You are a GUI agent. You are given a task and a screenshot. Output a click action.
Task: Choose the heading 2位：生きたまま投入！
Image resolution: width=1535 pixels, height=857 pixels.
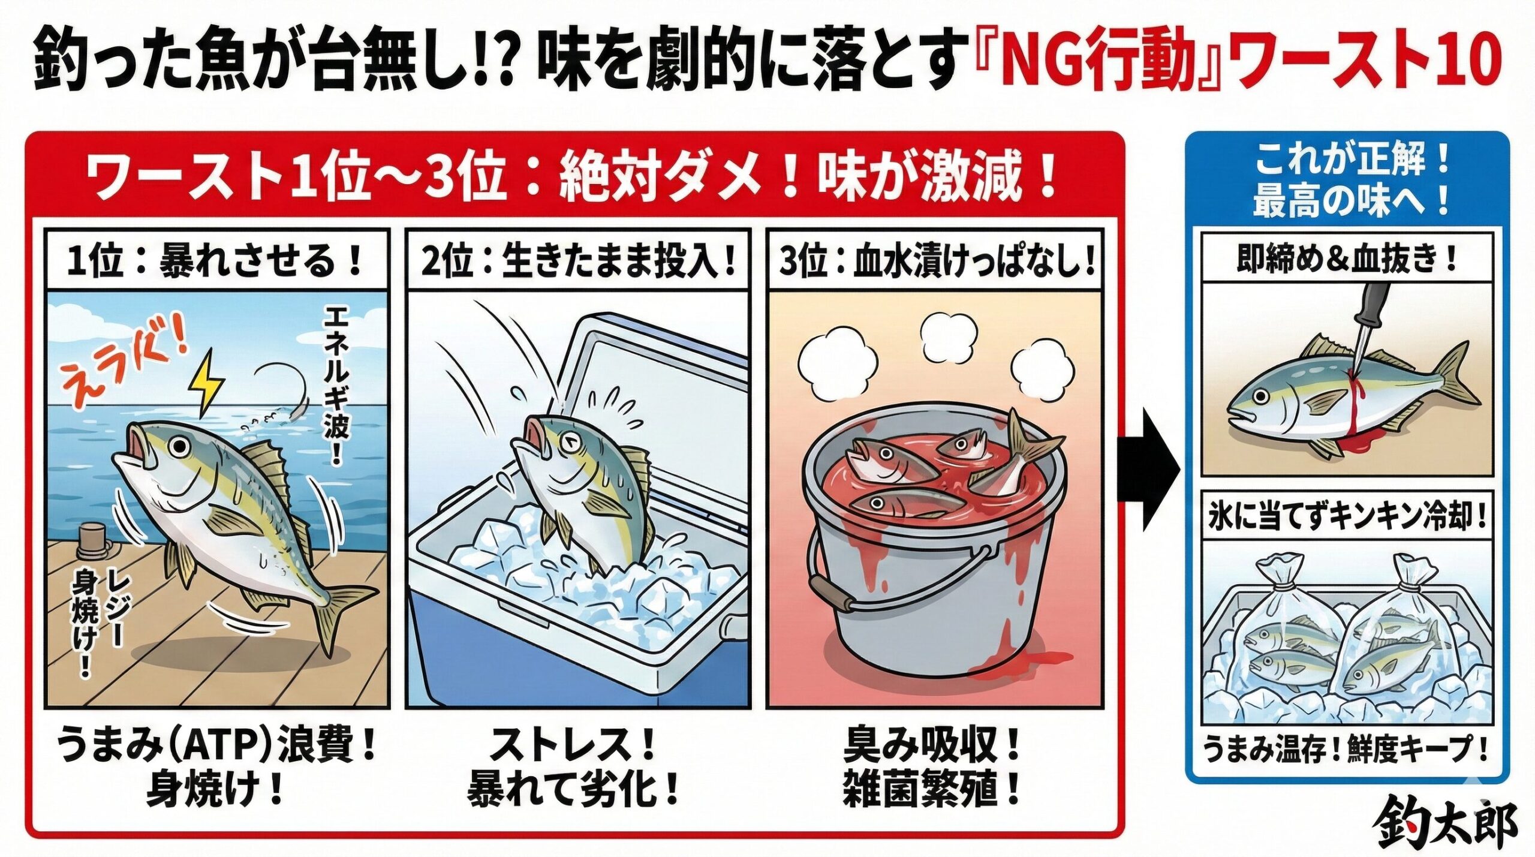tap(579, 262)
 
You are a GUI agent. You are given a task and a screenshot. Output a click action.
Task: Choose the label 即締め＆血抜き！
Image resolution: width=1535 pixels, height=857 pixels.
tap(1346, 259)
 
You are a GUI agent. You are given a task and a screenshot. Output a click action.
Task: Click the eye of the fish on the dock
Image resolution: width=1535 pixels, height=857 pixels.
tap(177, 446)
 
